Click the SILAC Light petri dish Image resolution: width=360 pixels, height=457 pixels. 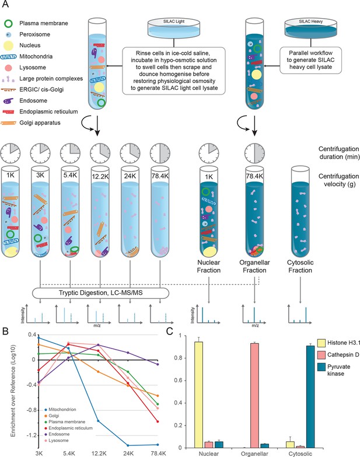coord(174,28)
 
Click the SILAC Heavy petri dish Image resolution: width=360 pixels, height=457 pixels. coord(311,28)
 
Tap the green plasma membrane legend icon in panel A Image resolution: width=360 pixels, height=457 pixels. coord(9,23)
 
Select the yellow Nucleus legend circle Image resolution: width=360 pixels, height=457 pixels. coord(9,46)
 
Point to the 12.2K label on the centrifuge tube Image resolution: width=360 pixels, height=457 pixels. coord(100,176)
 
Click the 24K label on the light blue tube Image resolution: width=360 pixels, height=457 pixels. coord(130,176)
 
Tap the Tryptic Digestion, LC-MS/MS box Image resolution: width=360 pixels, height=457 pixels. coord(100,293)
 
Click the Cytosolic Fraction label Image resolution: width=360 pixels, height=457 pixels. coord(300,266)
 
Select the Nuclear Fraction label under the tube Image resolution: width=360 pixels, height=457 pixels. coord(208,266)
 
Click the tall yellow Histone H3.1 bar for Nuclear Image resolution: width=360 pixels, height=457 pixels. coord(198,395)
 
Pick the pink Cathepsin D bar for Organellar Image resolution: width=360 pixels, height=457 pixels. coord(254,396)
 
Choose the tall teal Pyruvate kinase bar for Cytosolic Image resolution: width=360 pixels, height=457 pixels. coord(310,397)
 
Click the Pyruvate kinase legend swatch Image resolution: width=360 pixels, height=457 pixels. coord(321,367)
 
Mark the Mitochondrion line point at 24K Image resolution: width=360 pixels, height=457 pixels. coord(128,445)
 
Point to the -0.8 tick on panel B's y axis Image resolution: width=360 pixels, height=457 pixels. coord(32,410)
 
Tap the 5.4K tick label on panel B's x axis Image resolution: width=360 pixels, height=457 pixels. coord(69,453)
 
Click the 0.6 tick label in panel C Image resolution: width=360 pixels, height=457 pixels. coord(178,381)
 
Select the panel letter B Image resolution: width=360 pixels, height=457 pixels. coord(5,331)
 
